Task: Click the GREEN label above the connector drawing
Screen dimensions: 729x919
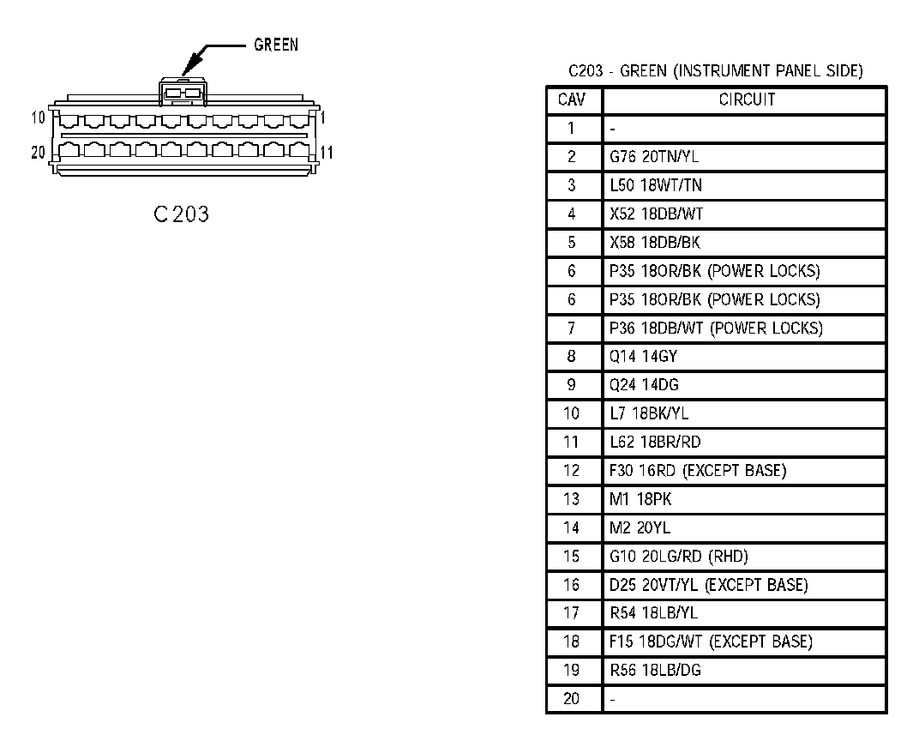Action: coord(276,45)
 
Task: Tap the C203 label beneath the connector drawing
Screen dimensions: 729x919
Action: coord(181,214)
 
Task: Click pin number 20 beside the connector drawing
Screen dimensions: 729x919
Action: coord(38,153)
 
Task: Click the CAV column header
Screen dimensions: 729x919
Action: coord(572,100)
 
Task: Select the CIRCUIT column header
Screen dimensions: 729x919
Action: coord(746,100)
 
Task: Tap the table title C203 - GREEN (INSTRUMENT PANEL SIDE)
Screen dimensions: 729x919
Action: coord(715,71)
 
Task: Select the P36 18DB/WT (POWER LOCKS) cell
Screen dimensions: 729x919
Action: coord(716,328)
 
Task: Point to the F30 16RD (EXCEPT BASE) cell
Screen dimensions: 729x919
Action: coord(698,470)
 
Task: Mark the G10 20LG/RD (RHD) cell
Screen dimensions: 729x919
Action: coord(679,556)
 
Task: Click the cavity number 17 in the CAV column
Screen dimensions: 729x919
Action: coord(572,613)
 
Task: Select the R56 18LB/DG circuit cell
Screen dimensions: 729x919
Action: coord(655,670)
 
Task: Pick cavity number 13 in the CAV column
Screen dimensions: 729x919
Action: coord(572,499)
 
